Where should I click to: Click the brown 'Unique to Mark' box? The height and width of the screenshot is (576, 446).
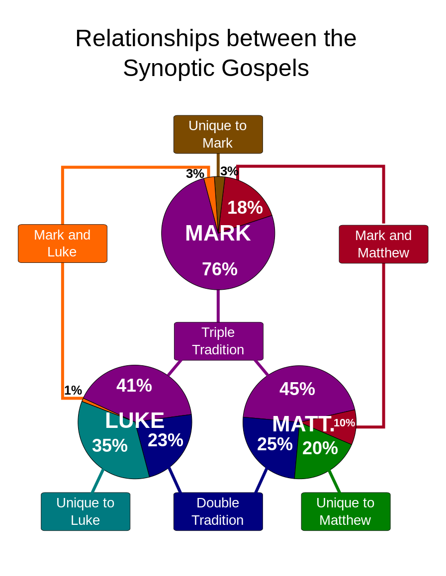(x=218, y=134)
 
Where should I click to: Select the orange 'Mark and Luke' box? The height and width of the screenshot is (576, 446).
(x=62, y=244)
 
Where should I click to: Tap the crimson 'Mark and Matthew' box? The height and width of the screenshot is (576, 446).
(x=383, y=244)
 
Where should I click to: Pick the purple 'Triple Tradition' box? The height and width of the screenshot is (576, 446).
(x=218, y=341)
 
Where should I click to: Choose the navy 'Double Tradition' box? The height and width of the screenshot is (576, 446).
(x=218, y=511)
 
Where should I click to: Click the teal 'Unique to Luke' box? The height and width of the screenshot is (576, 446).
(x=86, y=511)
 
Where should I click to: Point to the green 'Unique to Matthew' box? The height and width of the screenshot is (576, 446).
(x=346, y=511)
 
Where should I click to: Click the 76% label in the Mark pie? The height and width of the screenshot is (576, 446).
(x=220, y=269)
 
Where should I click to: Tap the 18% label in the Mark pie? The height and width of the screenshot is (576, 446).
(x=245, y=207)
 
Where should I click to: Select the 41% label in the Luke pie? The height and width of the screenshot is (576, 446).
(x=134, y=386)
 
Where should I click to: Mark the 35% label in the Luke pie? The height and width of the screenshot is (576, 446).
(x=110, y=446)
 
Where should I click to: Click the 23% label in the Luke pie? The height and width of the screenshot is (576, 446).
(x=166, y=440)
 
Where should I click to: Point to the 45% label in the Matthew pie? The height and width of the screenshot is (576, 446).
(x=297, y=389)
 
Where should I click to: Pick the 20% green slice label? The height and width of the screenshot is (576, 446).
(x=320, y=448)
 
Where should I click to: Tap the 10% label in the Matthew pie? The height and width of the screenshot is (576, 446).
(x=344, y=423)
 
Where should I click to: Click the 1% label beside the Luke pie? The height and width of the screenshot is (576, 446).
(x=73, y=391)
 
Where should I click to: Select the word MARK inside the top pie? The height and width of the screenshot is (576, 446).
(x=218, y=234)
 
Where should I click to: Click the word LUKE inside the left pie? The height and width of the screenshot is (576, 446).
(x=135, y=421)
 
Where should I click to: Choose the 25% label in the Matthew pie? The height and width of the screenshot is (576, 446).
(x=275, y=444)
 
